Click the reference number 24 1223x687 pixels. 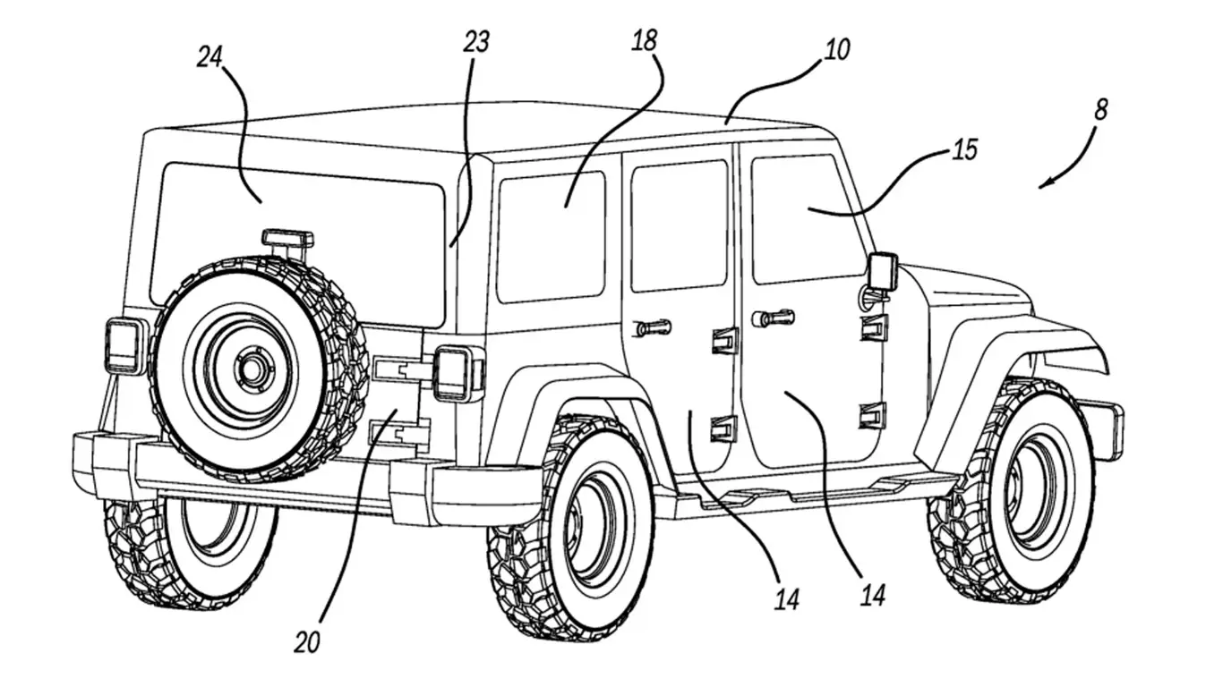coord(210,58)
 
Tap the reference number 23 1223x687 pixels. coord(476,42)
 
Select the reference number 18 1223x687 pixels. coord(645,40)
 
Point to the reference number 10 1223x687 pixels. coord(836,49)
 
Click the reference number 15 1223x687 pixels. coord(964,149)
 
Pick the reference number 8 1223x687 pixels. coord(1100,109)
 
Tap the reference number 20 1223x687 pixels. coord(306,642)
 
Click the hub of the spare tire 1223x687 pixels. coord(252,368)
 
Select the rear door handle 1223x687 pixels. coord(653,327)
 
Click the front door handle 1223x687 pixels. coord(773,317)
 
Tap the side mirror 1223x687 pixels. coord(882,272)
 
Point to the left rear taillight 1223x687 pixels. coord(124,345)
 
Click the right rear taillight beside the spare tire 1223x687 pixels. coord(454,373)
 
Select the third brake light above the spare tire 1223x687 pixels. coord(287,239)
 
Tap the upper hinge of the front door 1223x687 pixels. coord(873,327)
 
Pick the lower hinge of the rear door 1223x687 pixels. coord(723,428)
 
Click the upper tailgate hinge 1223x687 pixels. coord(399,368)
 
